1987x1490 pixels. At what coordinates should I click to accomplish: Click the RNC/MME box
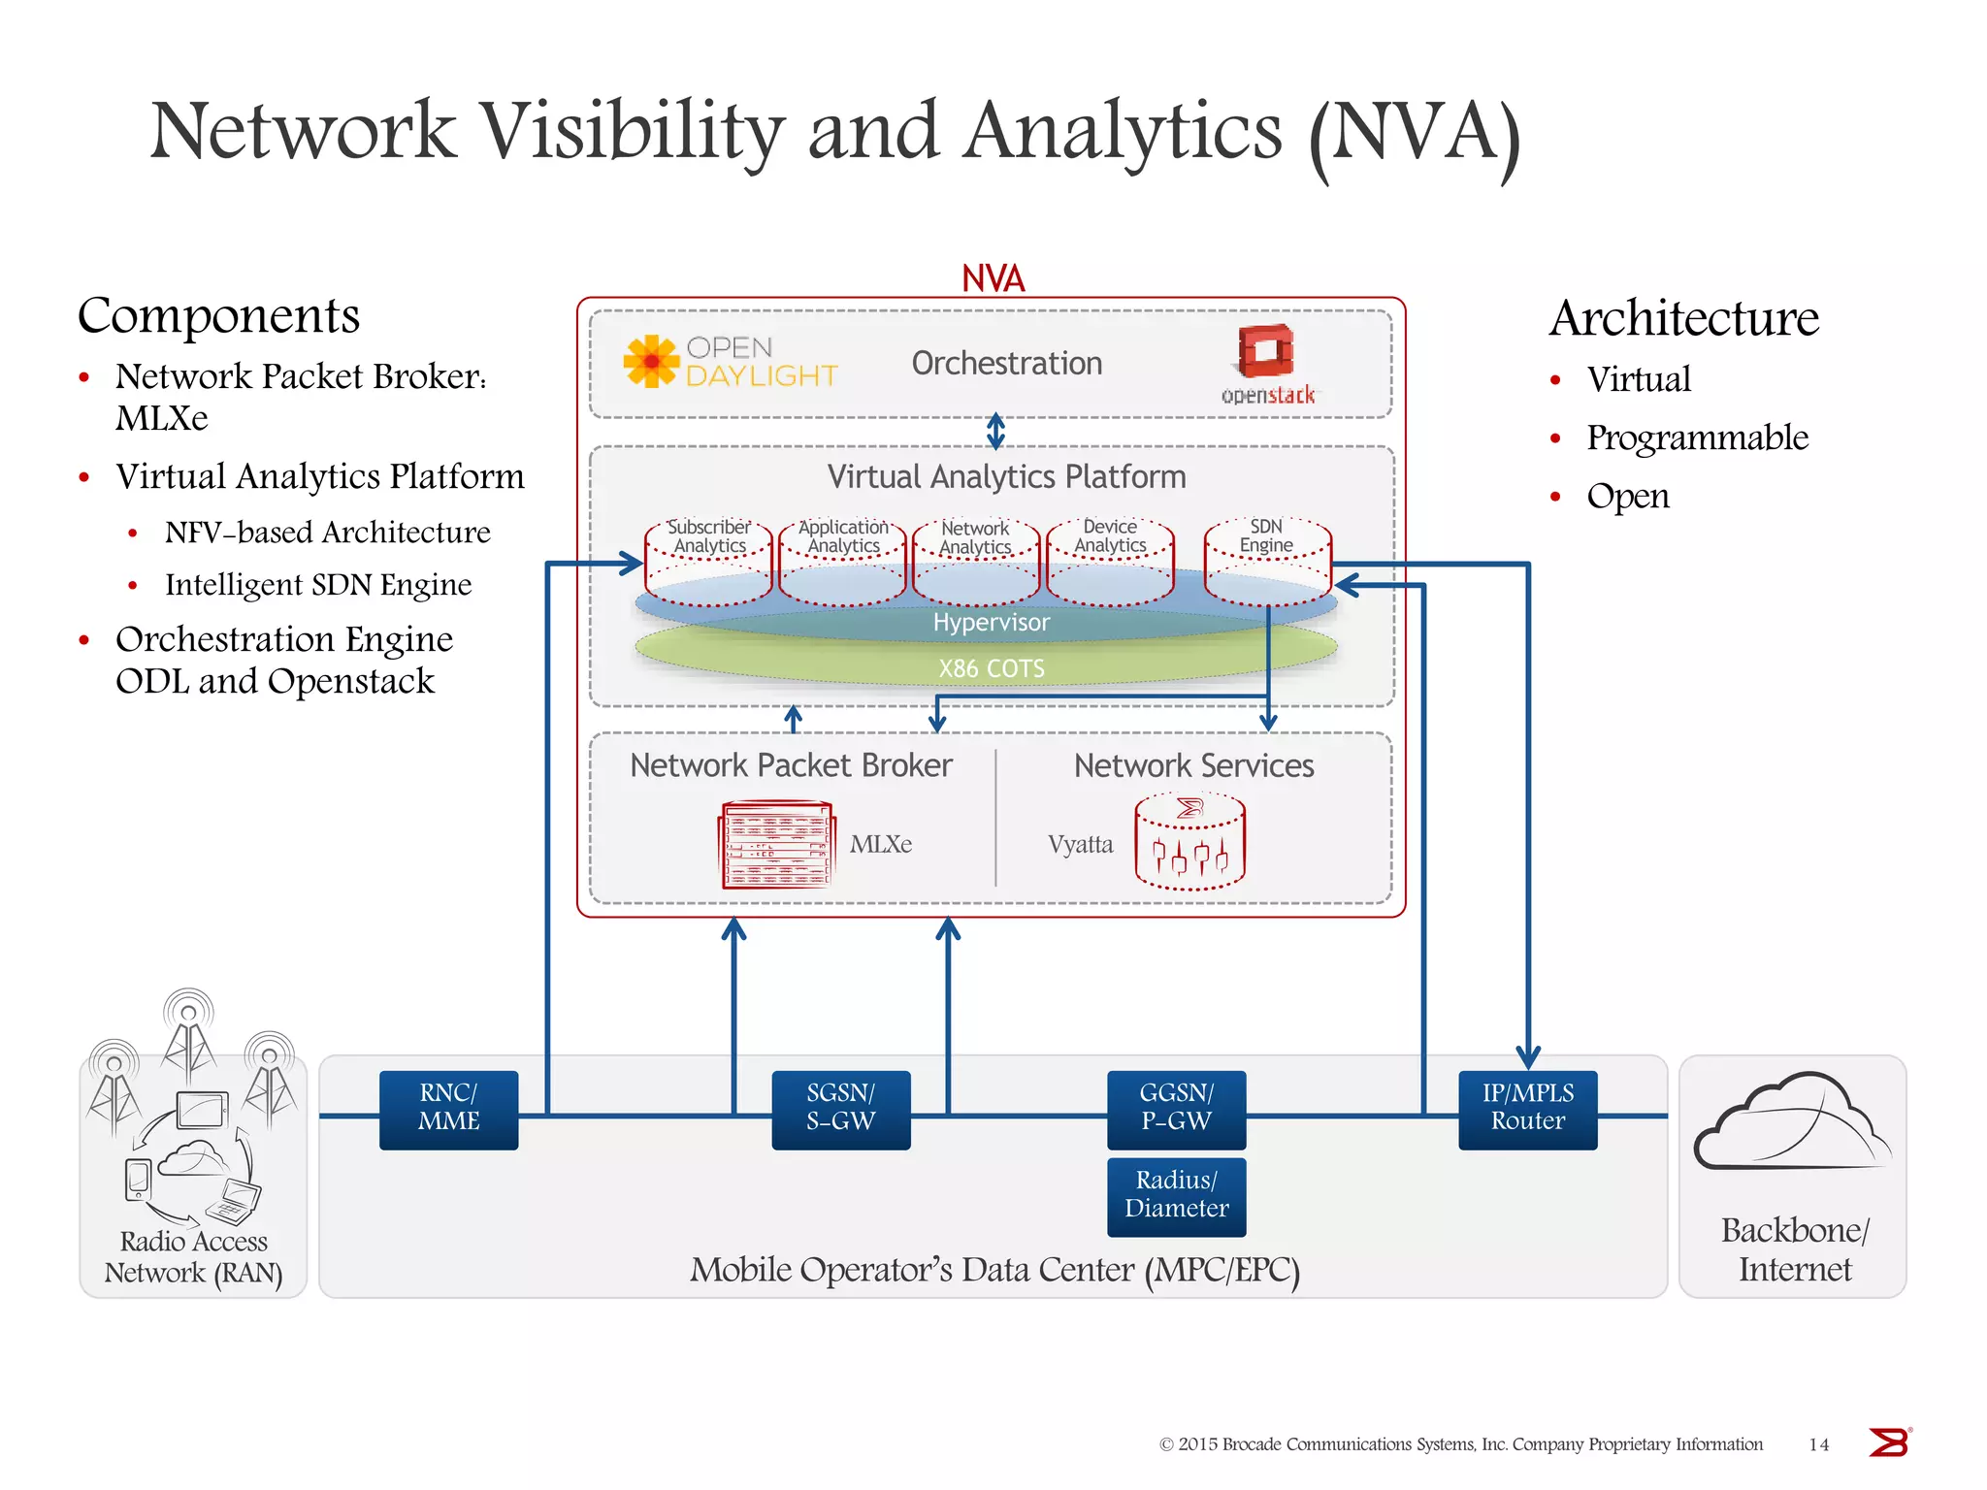448,1109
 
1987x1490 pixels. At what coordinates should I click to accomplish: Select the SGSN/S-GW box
840,1109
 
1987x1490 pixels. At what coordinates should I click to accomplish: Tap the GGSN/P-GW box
1176,1109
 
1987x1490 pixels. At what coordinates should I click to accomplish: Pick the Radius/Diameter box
1176,1196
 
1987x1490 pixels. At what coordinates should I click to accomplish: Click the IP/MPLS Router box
1527,1109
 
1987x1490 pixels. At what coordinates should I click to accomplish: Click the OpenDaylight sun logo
651,361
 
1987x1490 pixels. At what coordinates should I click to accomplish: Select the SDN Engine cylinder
1267,563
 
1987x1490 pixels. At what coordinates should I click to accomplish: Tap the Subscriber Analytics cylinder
708,563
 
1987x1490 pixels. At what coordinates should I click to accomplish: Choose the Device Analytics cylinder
1110,563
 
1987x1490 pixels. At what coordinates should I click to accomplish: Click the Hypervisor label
991,623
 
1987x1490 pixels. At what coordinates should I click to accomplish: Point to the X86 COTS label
991,668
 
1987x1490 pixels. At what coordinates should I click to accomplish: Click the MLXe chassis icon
775,844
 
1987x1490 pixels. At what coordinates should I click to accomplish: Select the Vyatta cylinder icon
1189,842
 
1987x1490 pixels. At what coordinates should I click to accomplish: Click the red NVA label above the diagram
993,279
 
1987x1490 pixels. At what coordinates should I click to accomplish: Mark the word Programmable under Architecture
1697,437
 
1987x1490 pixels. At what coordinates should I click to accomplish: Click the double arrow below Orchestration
995,432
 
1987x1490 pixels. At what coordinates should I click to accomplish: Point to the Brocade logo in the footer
1888,1442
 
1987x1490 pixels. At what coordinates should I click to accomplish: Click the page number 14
1818,1445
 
